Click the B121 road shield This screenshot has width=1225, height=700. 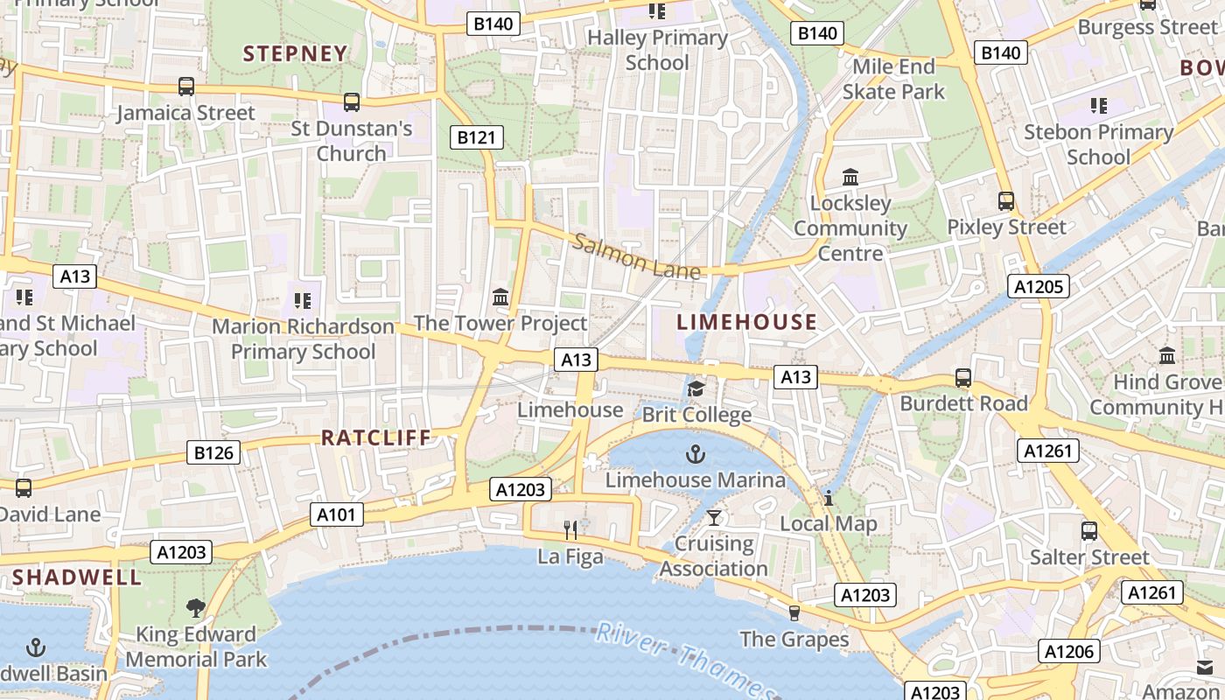pyautogui.click(x=476, y=136)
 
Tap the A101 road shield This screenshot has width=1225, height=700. pyautogui.click(x=337, y=514)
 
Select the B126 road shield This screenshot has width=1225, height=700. pyautogui.click(x=213, y=452)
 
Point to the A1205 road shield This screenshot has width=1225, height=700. pyautogui.click(x=1039, y=286)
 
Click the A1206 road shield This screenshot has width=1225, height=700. pyautogui.click(x=1068, y=651)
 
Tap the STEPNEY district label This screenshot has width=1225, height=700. pyautogui.click(x=295, y=54)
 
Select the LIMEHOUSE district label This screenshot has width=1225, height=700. pyautogui.click(x=746, y=322)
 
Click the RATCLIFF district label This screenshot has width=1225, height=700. pyautogui.click(x=376, y=437)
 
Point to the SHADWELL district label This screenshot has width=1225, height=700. pyautogui.click(x=77, y=577)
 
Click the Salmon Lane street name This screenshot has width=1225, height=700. pyautogui.click(x=636, y=256)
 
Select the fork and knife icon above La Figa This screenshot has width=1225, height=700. pyautogui.click(x=570, y=529)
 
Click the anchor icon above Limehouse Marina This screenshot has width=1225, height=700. pyautogui.click(x=695, y=454)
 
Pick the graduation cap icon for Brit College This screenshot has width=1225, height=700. pyautogui.click(x=696, y=388)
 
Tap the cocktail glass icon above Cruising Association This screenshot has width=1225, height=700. pyautogui.click(x=714, y=517)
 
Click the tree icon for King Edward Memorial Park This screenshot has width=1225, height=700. pyautogui.click(x=196, y=608)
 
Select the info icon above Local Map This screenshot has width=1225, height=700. pyautogui.click(x=828, y=498)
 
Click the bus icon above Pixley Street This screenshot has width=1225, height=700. pyautogui.click(x=1006, y=201)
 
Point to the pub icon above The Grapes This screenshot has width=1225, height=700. pyautogui.click(x=794, y=612)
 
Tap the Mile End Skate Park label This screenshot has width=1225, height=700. pyautogui.click(x=893, y=79)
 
